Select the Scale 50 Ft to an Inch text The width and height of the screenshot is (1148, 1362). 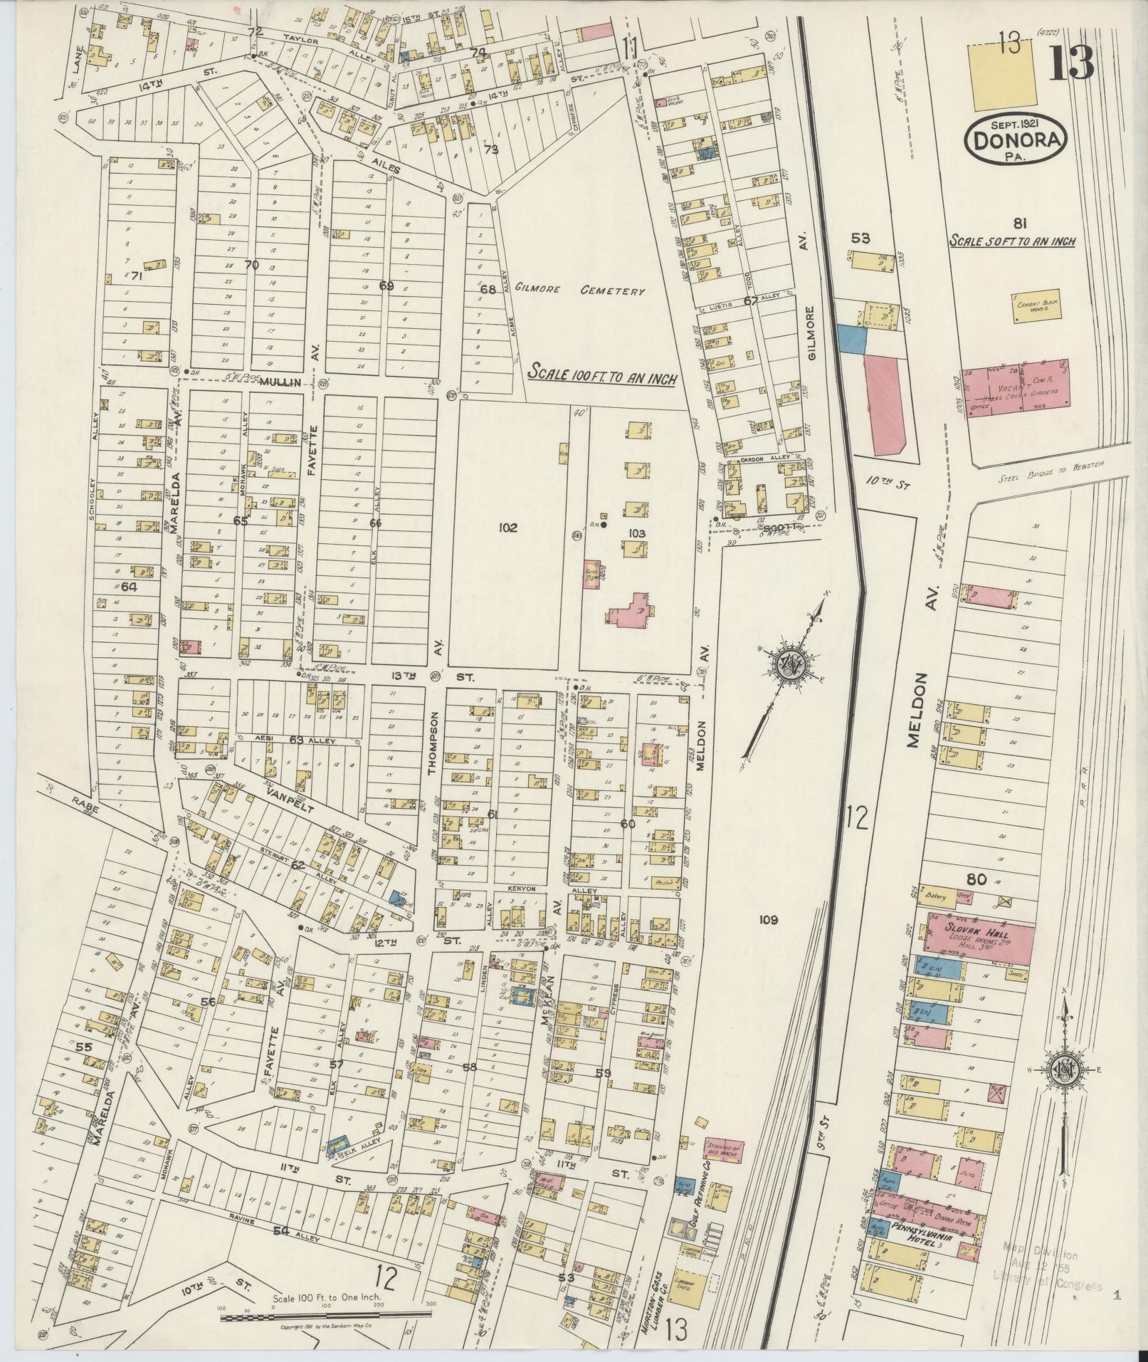point(1012,242)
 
